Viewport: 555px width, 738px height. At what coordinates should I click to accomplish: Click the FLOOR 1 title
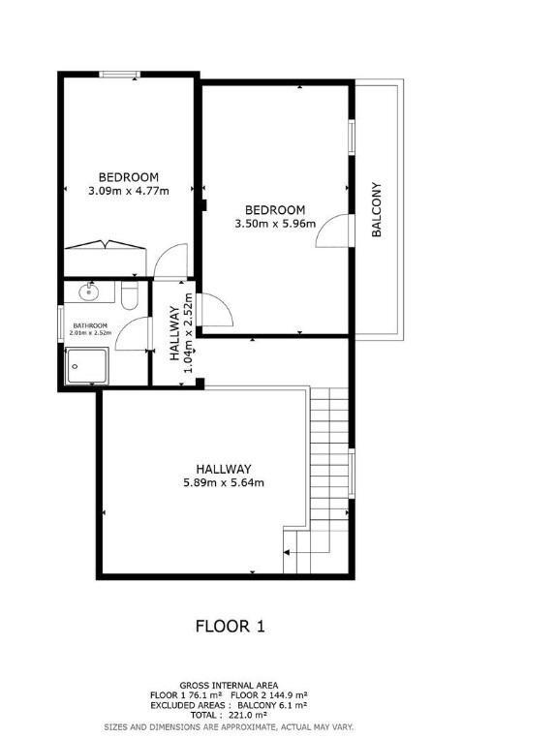coord(231,626)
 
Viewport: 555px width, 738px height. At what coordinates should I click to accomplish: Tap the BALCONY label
coord(378,209)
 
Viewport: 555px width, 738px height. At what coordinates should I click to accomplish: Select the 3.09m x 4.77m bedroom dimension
coord(128,191)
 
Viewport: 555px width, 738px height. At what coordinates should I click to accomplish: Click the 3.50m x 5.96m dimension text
coord(275,224)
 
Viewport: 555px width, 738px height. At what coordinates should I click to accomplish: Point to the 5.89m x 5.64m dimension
coord(224,482)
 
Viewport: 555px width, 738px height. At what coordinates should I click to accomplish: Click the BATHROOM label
coord(90,325)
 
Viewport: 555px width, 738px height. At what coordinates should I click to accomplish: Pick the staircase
coord(324,475)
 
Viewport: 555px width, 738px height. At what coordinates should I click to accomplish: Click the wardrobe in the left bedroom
coord(104,246)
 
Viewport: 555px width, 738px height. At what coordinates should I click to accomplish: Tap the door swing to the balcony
coord(331,231)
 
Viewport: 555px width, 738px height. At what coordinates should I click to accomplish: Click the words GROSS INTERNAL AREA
coord(230,685)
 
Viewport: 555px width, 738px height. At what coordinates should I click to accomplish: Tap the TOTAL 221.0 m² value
coord(230,716)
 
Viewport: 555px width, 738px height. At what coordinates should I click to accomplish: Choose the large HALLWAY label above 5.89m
coord(224,469)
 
